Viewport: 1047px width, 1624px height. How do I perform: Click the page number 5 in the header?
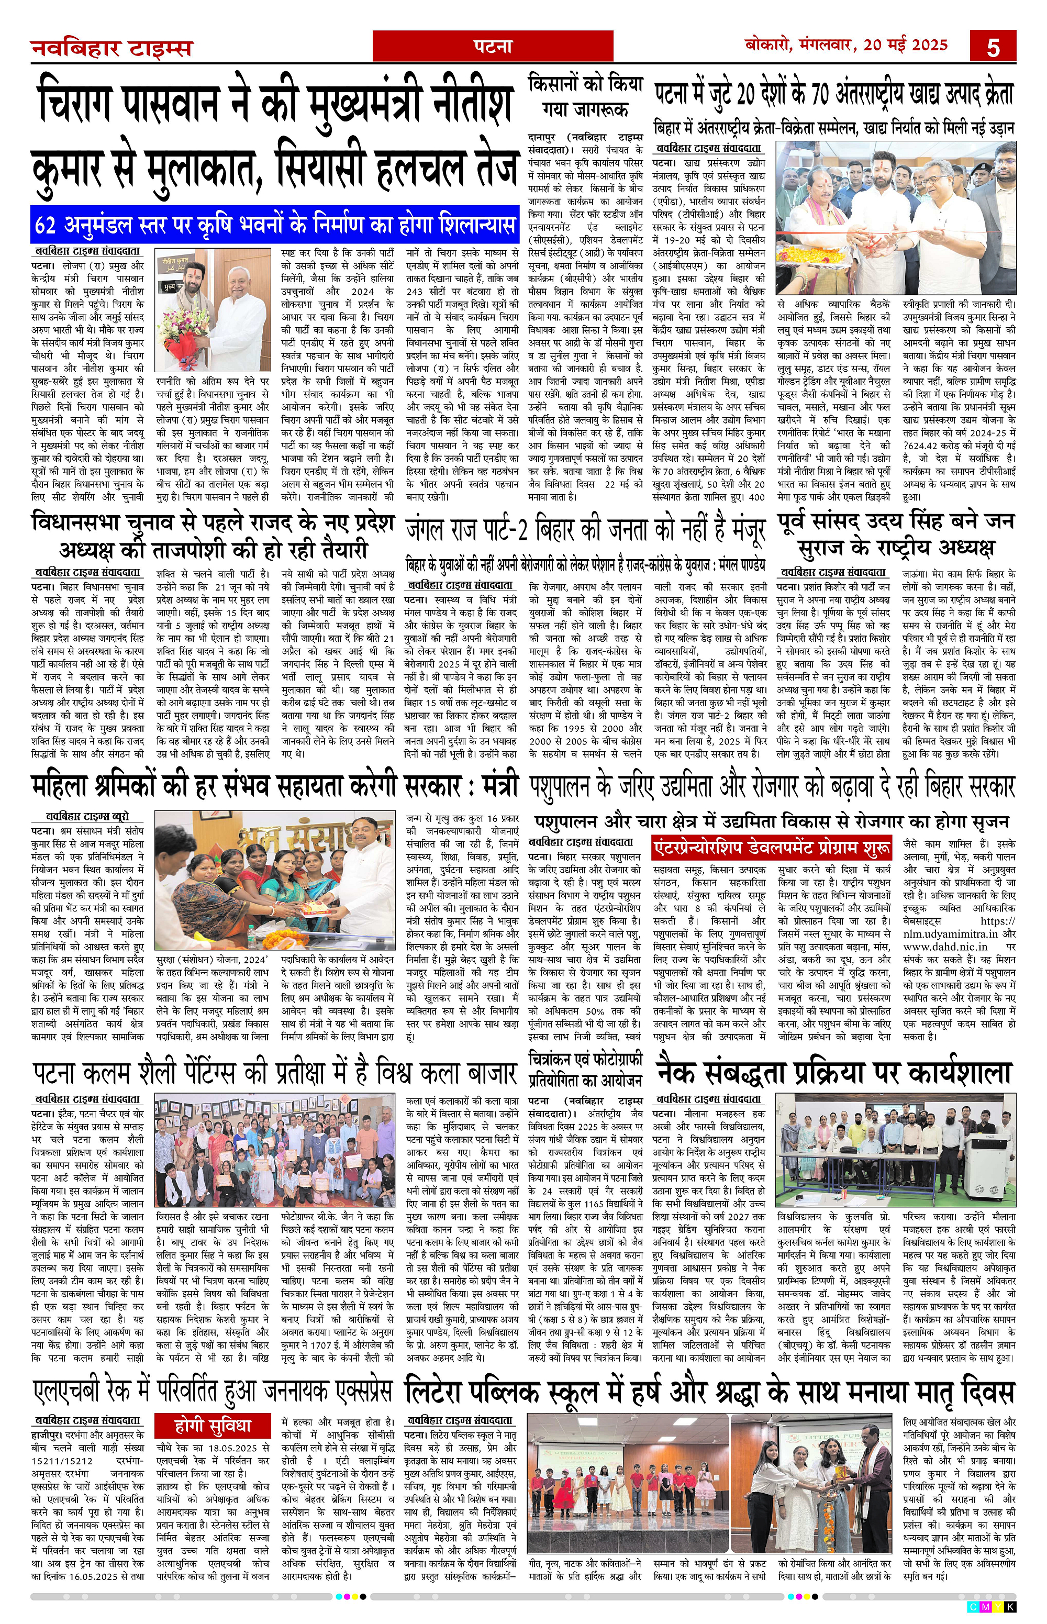993,47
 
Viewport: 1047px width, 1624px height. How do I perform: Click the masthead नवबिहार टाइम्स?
112,48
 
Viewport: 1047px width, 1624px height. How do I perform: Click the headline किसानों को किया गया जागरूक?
585,95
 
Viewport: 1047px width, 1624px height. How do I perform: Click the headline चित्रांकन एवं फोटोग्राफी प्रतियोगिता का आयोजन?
585,1069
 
